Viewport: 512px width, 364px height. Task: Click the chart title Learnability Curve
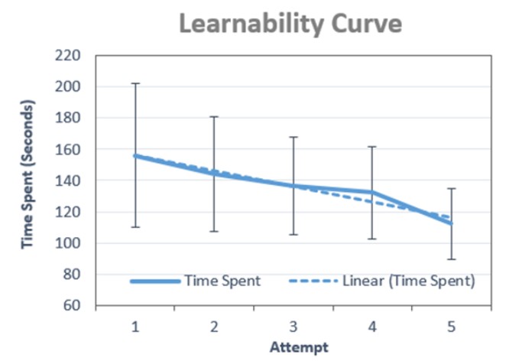(x=290, y=24)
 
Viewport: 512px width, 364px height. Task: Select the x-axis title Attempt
(x=299, y=346)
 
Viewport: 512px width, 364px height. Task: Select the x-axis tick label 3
(x=293, y=327)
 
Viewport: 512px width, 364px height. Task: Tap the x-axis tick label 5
(x=452, y=327)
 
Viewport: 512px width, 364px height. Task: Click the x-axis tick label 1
(x=135, y=327)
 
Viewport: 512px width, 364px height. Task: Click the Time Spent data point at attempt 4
(x=372, y=192)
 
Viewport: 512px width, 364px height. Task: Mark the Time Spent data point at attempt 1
(x=135, y=156)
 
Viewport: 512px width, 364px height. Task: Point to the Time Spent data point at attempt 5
(x=452, y=224)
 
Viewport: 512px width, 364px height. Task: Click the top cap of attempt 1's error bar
(x=135, y=83)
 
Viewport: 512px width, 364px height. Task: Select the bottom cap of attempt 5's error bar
(x=452, y=259)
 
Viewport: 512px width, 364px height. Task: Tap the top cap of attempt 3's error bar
(x=293, y=137)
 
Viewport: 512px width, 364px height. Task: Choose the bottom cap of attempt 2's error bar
(x=214, y=231)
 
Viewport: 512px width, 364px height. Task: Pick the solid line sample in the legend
(x=154, y=281)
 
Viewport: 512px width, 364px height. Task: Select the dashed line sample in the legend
(x=313, y=281)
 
